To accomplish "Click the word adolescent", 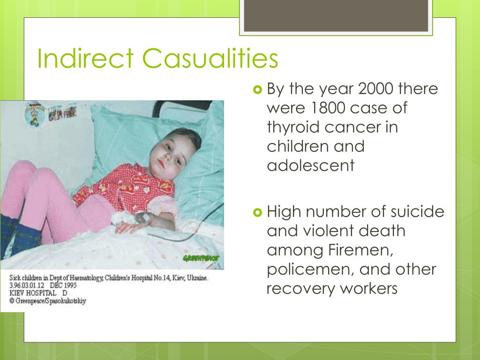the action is pyautogui.click(x=311, y=165).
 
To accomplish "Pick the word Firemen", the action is pyautogui.click(x=360, y=250).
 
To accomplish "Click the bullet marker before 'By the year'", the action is pyautogui.click(x=258, y=90).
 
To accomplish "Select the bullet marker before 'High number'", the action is pyautogui.click(x=258, y=212).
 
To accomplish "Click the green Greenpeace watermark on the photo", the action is pyautogui.click(x=201, y=258).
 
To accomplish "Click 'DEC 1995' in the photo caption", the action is pyautogui.click(x=63, y=285).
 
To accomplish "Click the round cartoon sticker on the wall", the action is pyautogui.click(x=35, y=115).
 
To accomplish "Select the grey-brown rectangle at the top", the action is pyautogui.click(x=336, y=15).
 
